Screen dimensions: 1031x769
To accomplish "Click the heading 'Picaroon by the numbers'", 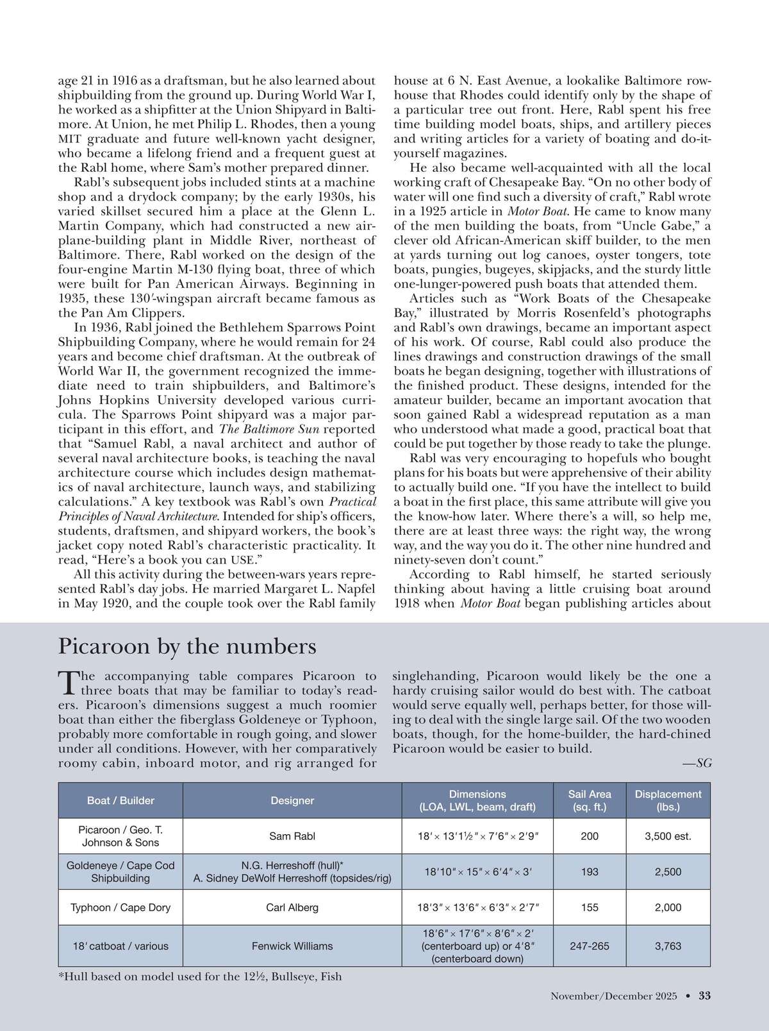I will pyautogui.click(x=187, y=646).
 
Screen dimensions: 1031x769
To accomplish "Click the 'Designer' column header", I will pyautogui.click(x=292, y=800).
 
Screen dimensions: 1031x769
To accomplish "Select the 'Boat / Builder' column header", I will pyautogui.click(x=120, y=800).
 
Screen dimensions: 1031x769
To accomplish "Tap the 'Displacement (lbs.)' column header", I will pyautogui.click(x=668, y=800).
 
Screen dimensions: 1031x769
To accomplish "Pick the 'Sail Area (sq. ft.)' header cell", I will pyautogui.click(x=590, y=800).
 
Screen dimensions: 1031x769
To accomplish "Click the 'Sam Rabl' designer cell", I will pyautogui.click(x=292, y=836).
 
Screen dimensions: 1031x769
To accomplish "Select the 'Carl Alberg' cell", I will pyautogui.click(x=292, y=907).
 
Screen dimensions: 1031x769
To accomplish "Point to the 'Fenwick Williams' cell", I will pyautogui.click(x=292, y=946).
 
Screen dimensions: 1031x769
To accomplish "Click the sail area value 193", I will pyautogui.click(x=590, y=872).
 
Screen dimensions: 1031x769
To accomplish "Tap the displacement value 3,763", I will pyautogui.click(x=668, y=946).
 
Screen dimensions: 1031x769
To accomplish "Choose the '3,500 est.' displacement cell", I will pyautogui.click(x=668, y=836).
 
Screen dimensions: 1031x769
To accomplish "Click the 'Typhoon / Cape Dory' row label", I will pyautogui.click(x=120, y=907).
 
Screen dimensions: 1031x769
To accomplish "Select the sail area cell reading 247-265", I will pyautogui.click(x=590, y=946).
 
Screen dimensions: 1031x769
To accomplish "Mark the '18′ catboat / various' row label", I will pyautogui.click(x=120, y=946).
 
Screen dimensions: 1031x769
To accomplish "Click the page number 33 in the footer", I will pyautogui.click(x=704, y=996).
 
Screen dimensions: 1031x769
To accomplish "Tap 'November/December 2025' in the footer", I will pyautogui.click(x=613, y=996).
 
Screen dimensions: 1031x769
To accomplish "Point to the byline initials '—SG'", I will pyautogui.click(x=697, y=763).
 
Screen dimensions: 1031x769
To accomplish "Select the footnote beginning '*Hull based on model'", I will pyautogui.click(x=200, y=977).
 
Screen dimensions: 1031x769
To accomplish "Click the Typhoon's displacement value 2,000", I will pyautogui.click(x=668, y=907).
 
